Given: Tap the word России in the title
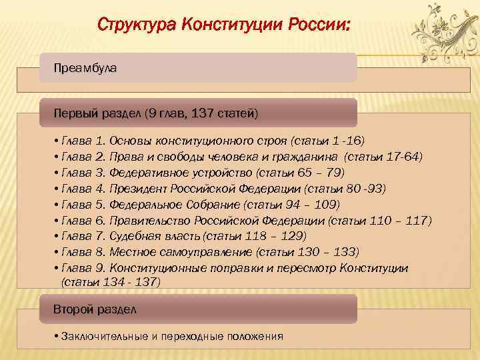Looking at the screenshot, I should click(319, 25).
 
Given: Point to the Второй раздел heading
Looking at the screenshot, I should click(95, 310).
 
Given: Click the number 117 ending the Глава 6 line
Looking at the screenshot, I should click(421, 221).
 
